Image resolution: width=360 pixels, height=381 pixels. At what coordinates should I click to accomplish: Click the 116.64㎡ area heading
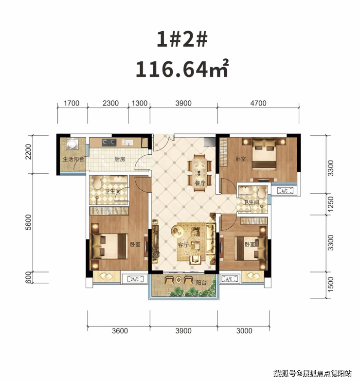coord(182,69)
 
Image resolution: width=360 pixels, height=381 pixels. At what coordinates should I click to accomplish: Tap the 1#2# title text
coord(182,40)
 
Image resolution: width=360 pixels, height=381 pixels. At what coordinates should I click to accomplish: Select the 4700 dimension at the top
coord(258,103)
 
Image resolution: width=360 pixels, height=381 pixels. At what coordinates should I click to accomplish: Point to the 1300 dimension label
coord(140,103)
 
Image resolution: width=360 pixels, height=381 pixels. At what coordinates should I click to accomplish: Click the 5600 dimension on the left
coord(28,222)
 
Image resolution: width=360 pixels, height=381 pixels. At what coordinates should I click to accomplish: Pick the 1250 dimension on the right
coord(331,204)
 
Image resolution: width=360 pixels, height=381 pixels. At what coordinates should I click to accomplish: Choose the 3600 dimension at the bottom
coord(120,331)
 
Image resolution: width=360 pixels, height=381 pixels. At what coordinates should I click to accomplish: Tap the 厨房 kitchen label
coord(120,160)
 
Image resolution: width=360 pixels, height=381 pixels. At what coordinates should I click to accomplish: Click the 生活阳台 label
coord(73,160)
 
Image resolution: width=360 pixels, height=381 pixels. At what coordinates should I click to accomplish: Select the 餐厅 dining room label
coord(200,183)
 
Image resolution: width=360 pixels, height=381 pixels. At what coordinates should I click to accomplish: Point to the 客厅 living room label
coord(183,245)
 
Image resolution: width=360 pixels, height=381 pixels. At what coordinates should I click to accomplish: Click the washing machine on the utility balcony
coord(72,144)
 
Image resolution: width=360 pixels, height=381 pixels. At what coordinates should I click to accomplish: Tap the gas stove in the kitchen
coord(109,142)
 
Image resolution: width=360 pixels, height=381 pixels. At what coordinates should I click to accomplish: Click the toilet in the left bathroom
coord(97,183)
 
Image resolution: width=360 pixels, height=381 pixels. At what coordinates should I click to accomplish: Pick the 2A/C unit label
coord(134,279)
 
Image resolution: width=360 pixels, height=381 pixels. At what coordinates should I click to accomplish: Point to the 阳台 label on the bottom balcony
coord(201,283)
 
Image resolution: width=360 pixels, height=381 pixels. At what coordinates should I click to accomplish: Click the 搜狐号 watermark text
coord(285,373)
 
